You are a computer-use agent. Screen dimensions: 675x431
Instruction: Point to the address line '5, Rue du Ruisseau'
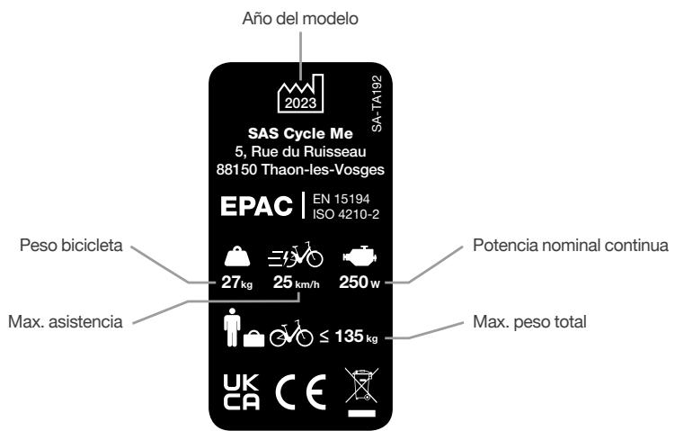[x=307, y=153]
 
